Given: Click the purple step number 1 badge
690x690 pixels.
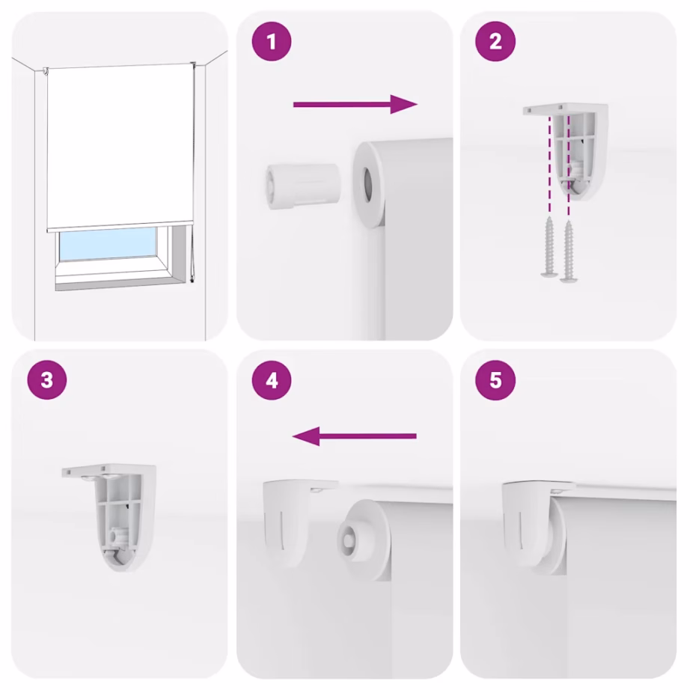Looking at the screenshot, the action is pos(272,42).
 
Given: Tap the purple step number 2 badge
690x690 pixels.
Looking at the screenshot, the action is pos(495,42).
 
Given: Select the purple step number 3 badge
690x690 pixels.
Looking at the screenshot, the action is pos(47,379).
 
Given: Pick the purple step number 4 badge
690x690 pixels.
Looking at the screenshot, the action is pos(272,379).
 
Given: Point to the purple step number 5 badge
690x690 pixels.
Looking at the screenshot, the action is pos(495,379).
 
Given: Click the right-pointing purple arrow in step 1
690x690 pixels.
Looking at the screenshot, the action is pos(355,104).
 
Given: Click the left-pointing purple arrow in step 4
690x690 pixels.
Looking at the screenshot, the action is pos(354,436).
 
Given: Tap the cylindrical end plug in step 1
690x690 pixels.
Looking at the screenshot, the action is pos(303,186).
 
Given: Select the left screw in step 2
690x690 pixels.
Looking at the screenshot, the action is pos(549,247).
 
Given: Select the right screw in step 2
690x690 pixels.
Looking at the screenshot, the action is pos(568,251).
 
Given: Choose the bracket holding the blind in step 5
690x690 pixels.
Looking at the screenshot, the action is pos(534,524).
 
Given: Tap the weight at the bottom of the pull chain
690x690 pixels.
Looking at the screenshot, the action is pos(192,279).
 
